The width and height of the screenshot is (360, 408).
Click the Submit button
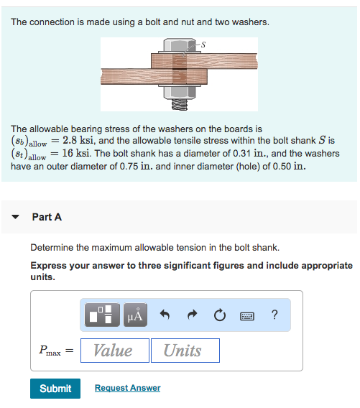click(x=55, y=388)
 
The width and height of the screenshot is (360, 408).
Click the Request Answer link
click(x=127, y=388)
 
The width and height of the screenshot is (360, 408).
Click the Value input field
click(x=114, y=351)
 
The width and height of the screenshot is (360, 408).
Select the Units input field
click(x=185, y=351)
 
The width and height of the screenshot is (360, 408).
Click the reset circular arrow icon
click(x=218, y=315)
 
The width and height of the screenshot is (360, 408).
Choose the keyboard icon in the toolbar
click(x=248, y=315)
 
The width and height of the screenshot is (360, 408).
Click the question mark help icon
click(x=274, y=315)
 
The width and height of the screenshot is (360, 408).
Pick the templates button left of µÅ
click(x=102, y=315)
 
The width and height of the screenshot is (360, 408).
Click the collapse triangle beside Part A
click(x=15, y=217)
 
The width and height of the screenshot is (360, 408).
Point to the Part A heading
click(x=47, y=217)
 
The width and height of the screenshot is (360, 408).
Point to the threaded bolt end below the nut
click(x=179, y=105)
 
